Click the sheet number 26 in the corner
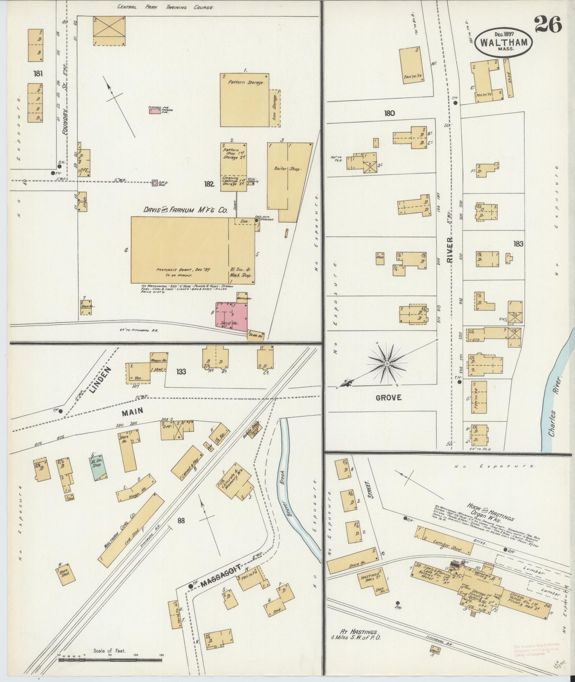tap(548, 25)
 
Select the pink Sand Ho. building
tap(231, 317)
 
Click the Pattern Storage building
tap(244, 100)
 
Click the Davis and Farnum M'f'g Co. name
tap(185, 210)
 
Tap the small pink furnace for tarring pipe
tap(153, 111)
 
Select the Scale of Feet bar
tap(110, 659)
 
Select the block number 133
tap(181, 372)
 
